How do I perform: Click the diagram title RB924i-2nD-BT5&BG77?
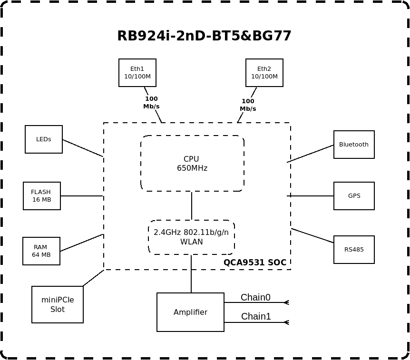pos(204,36)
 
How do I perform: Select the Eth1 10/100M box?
pos(137,73)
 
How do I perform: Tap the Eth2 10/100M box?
pos(264,73)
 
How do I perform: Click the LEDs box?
pos(44,139)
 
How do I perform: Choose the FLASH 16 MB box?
pos(42,196)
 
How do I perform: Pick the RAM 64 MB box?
pos(41,251)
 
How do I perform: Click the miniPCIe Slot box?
pos(58,305)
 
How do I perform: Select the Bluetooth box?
pos(354,145)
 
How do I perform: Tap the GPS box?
pos(354,196)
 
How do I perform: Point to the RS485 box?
pos(354,250)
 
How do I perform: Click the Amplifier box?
pos(190,312)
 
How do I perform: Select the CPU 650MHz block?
pos(192,164)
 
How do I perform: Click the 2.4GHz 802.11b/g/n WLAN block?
pos(191,237)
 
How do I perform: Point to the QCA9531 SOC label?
pos(255,263)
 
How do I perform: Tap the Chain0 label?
pos(255,298)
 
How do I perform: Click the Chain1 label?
pos(256,317)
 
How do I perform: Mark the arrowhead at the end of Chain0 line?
pos(286,302)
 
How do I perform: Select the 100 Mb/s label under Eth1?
pos(151,103)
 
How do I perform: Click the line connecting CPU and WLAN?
pos(192,206)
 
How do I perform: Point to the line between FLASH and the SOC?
pos(82,196)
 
